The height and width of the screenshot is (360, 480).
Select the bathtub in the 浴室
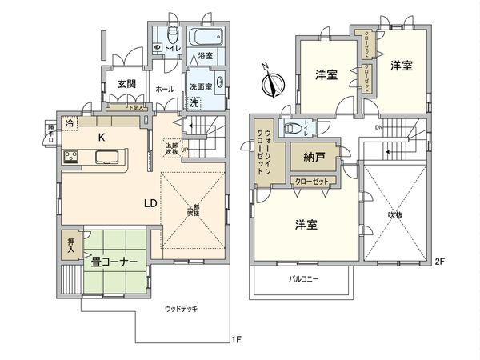(x=208, y=38)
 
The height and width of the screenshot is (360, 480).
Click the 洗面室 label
(x=199, y=86)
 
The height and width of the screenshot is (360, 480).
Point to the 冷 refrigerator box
(x=70, y=123)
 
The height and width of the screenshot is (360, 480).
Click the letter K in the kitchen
(x=102, y=138)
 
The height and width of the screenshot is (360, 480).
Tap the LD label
(x=150, y=202)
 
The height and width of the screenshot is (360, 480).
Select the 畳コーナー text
(x=114, y=262)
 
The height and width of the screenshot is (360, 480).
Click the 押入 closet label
(x=70, y=245)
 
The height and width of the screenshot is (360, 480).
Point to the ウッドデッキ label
(x=181, y=309)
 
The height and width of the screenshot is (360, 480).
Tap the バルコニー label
(x=303, y=280)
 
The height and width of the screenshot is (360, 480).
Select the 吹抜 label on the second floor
(x=395, y=214)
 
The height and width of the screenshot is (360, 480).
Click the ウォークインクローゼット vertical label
(x=265, y=152)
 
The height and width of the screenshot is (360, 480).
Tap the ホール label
(x=165, y=89)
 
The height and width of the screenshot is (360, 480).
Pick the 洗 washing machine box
(x=194, y=102)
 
